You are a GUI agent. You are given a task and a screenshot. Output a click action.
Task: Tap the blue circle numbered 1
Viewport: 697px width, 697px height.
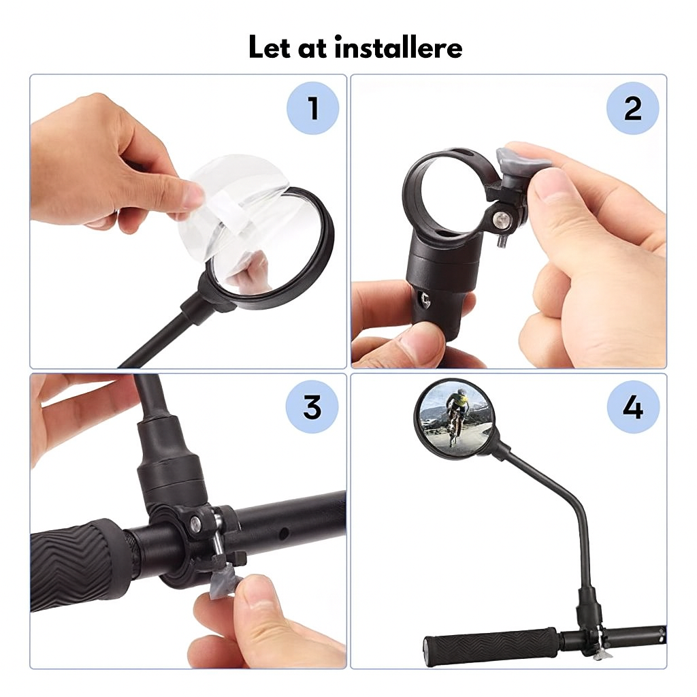click(x=312, y=108)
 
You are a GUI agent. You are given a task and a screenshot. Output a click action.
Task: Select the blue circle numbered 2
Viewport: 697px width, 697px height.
click(x=633, y=108)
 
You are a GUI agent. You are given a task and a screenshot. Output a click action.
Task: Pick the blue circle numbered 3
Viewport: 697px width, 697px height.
click(x=312, y=407)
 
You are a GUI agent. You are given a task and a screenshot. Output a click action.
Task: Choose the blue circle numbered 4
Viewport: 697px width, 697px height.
click(x=633, y=407)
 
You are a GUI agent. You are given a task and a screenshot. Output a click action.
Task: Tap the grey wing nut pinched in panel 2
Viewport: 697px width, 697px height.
click(x=517, y=158)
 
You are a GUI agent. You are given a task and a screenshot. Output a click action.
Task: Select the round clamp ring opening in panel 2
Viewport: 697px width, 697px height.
click(x=446, y=192)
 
